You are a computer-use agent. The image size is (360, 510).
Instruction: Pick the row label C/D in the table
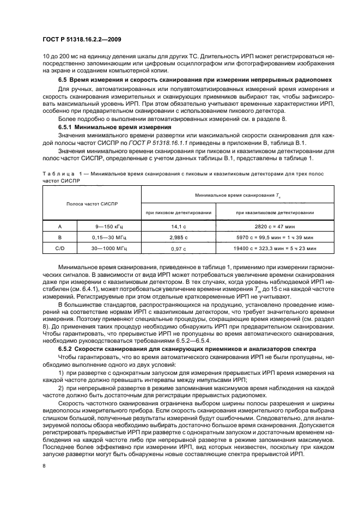[60, 248]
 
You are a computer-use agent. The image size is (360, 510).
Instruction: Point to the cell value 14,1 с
[179, 226]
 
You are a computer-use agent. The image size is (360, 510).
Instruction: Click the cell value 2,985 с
[179, 238]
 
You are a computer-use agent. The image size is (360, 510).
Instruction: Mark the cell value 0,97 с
[179, 248]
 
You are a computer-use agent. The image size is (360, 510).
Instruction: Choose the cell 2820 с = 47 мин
[274, 226]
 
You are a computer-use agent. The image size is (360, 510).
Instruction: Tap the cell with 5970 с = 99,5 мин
[274, 238]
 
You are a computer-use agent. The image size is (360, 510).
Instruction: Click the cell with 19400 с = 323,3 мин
[274, 248]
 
